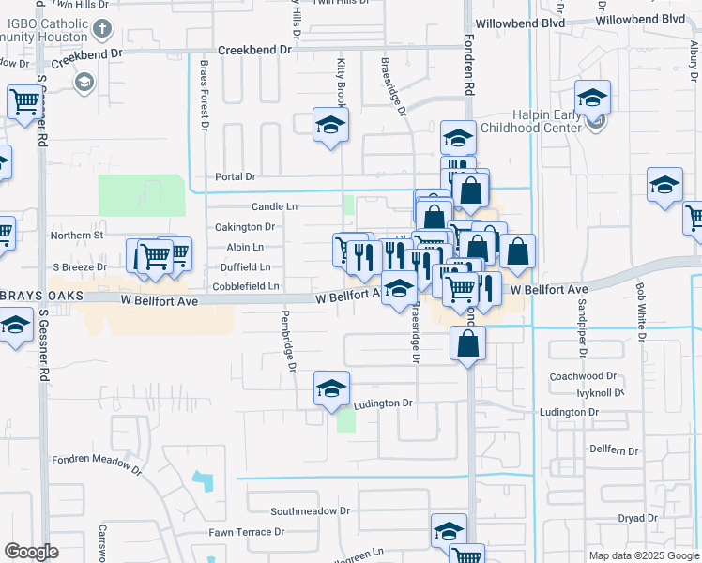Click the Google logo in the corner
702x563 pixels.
(x=31, y=552)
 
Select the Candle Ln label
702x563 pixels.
(x=274, y=206)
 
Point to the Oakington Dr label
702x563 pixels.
(x=245, y=227)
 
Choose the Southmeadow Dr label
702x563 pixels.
(x=310, y=511)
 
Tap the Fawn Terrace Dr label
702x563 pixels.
(x=247, y=532)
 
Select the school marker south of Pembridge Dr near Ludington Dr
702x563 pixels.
(x=331, y=389)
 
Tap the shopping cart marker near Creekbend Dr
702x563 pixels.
(x=25, y=102)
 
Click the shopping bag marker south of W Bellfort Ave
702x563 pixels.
(x=466, y=344)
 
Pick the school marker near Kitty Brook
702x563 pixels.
(x=330, y=126)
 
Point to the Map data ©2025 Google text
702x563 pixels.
(x=644, y=555)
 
